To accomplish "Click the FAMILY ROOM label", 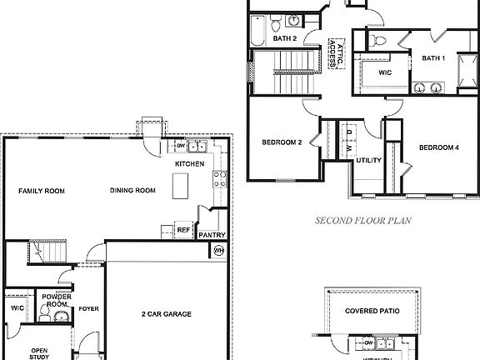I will coord(41,191).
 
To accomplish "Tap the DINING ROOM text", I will coord(132,191).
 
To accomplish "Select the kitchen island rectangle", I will coord(181,188).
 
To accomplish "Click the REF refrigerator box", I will coord(182,229).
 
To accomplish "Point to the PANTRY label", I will coord(212,235).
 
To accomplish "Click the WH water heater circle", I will coord(219,250).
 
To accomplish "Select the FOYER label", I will coord(89,309).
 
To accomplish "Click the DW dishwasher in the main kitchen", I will coord(181,147).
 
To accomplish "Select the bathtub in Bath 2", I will coord(257,31).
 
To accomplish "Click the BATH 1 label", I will coord(432,57).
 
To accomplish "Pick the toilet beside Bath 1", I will coord(377,41).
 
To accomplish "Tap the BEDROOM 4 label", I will coord(438,147).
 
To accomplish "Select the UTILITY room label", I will coord(368,160).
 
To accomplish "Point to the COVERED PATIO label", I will coord(376,310).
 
